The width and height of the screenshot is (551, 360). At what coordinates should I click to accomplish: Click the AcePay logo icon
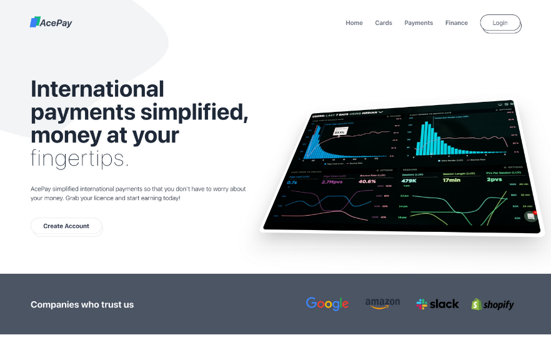click(x=34, y=22)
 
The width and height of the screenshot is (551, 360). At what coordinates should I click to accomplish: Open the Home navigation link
click(x=354, y=23)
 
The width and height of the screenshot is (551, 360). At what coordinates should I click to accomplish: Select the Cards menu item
click(x=384, y=23)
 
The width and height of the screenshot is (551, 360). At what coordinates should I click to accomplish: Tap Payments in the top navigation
click(x=419, y=23)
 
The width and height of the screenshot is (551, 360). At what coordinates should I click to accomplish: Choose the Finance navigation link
click(x=457, y=23)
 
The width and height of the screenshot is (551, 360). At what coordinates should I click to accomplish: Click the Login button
click(x=500, y=23)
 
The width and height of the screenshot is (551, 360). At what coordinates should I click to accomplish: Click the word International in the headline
click(x=97, y=89)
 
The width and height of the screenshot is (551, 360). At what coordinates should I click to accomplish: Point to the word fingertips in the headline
click(x=79, y=159)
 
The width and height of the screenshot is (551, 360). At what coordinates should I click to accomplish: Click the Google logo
click(x=327, y=304)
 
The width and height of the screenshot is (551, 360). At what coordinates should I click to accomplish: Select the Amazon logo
click(x=382, y=304)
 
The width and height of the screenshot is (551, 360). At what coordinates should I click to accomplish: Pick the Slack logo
click(x=437, y=304)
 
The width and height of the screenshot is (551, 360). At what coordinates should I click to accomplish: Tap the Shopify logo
click(x=493, y=304)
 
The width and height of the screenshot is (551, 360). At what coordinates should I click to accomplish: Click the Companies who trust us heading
click(x=82, y=305)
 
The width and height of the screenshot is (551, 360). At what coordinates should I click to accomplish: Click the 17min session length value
click(x=452, y=180)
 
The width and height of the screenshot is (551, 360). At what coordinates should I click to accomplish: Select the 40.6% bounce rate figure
click(x=367, y=181)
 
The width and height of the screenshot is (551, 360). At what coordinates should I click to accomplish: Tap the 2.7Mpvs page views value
click(x=332, y=182)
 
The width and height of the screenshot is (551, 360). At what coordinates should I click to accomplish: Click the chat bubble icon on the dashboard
click(x=530, y=216)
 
